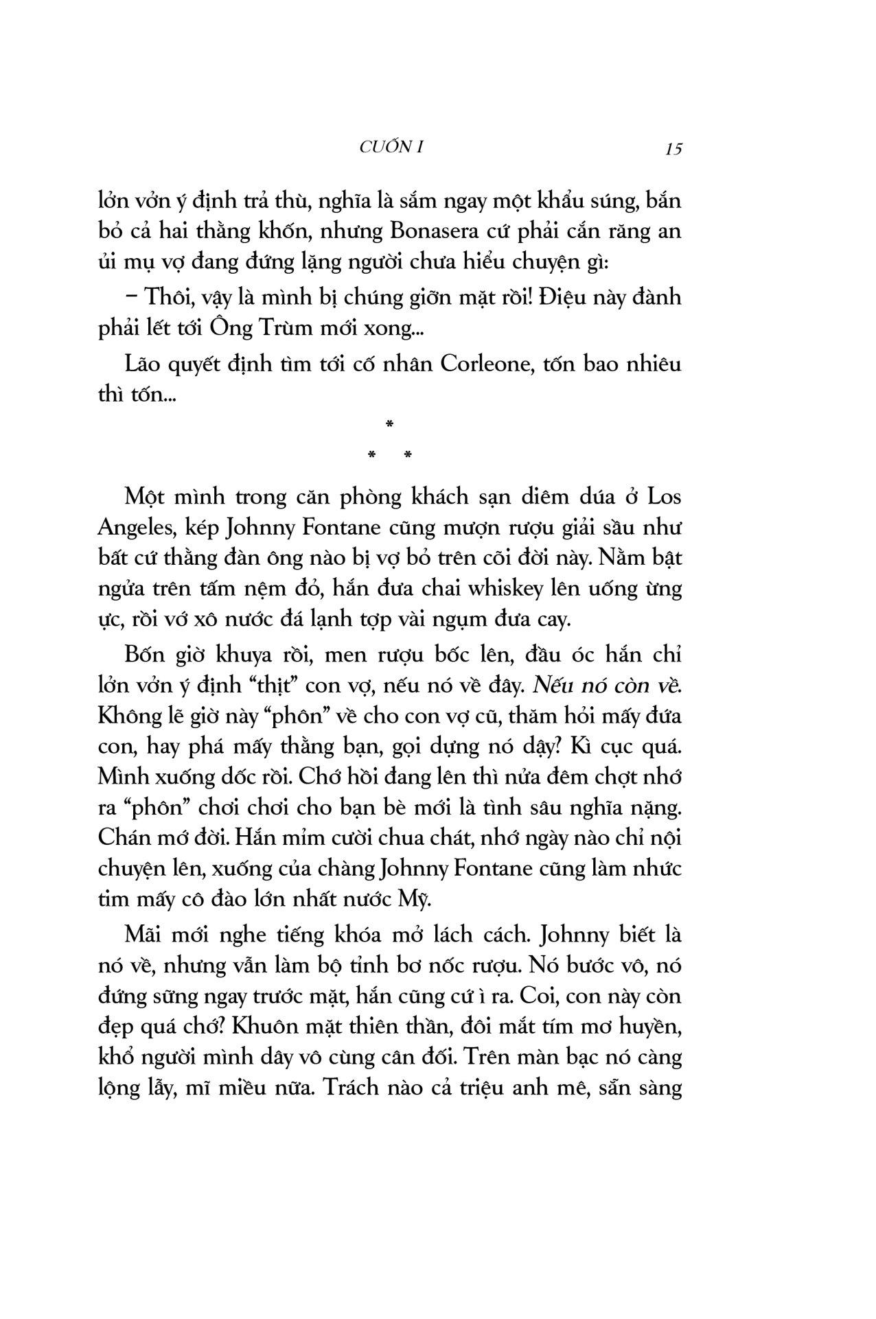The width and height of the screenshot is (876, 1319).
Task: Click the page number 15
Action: pyautogui.click(x=673, y=148)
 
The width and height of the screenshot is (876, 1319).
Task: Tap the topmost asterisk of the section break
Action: pyautogui.click(x=389, y=425)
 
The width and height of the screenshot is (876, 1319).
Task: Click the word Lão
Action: pyautogui.click(x=143, y=363)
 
